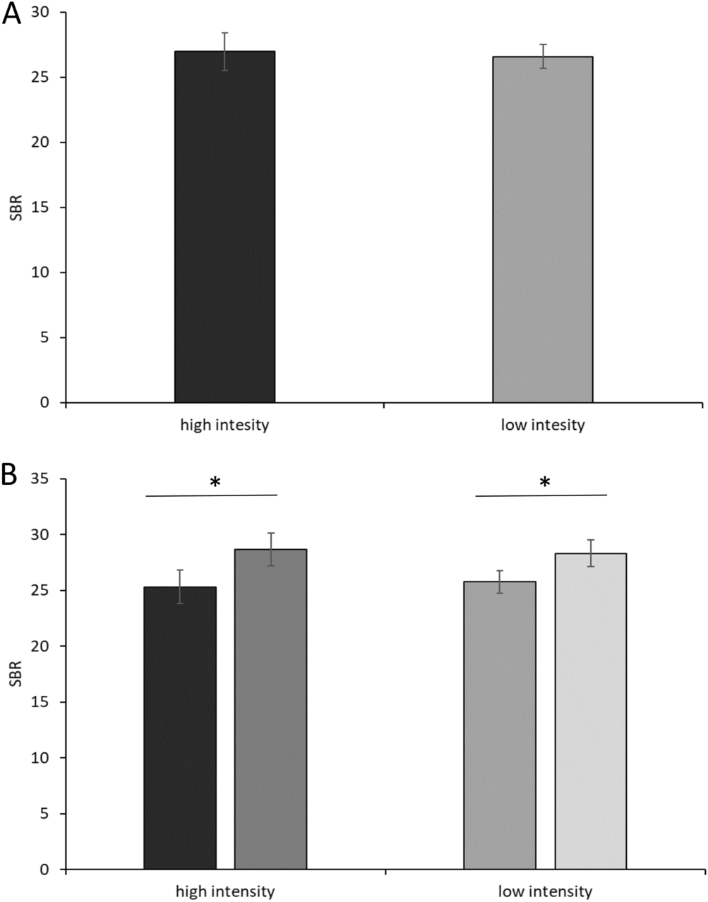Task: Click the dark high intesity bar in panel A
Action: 224,226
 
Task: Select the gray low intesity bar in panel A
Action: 542,229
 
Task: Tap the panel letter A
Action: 12,15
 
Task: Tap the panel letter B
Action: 10,475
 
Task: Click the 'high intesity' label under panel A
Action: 224,426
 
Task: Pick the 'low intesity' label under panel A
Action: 542,426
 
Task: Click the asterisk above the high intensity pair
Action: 215,483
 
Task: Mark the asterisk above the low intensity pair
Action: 544,483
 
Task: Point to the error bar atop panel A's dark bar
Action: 224,51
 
